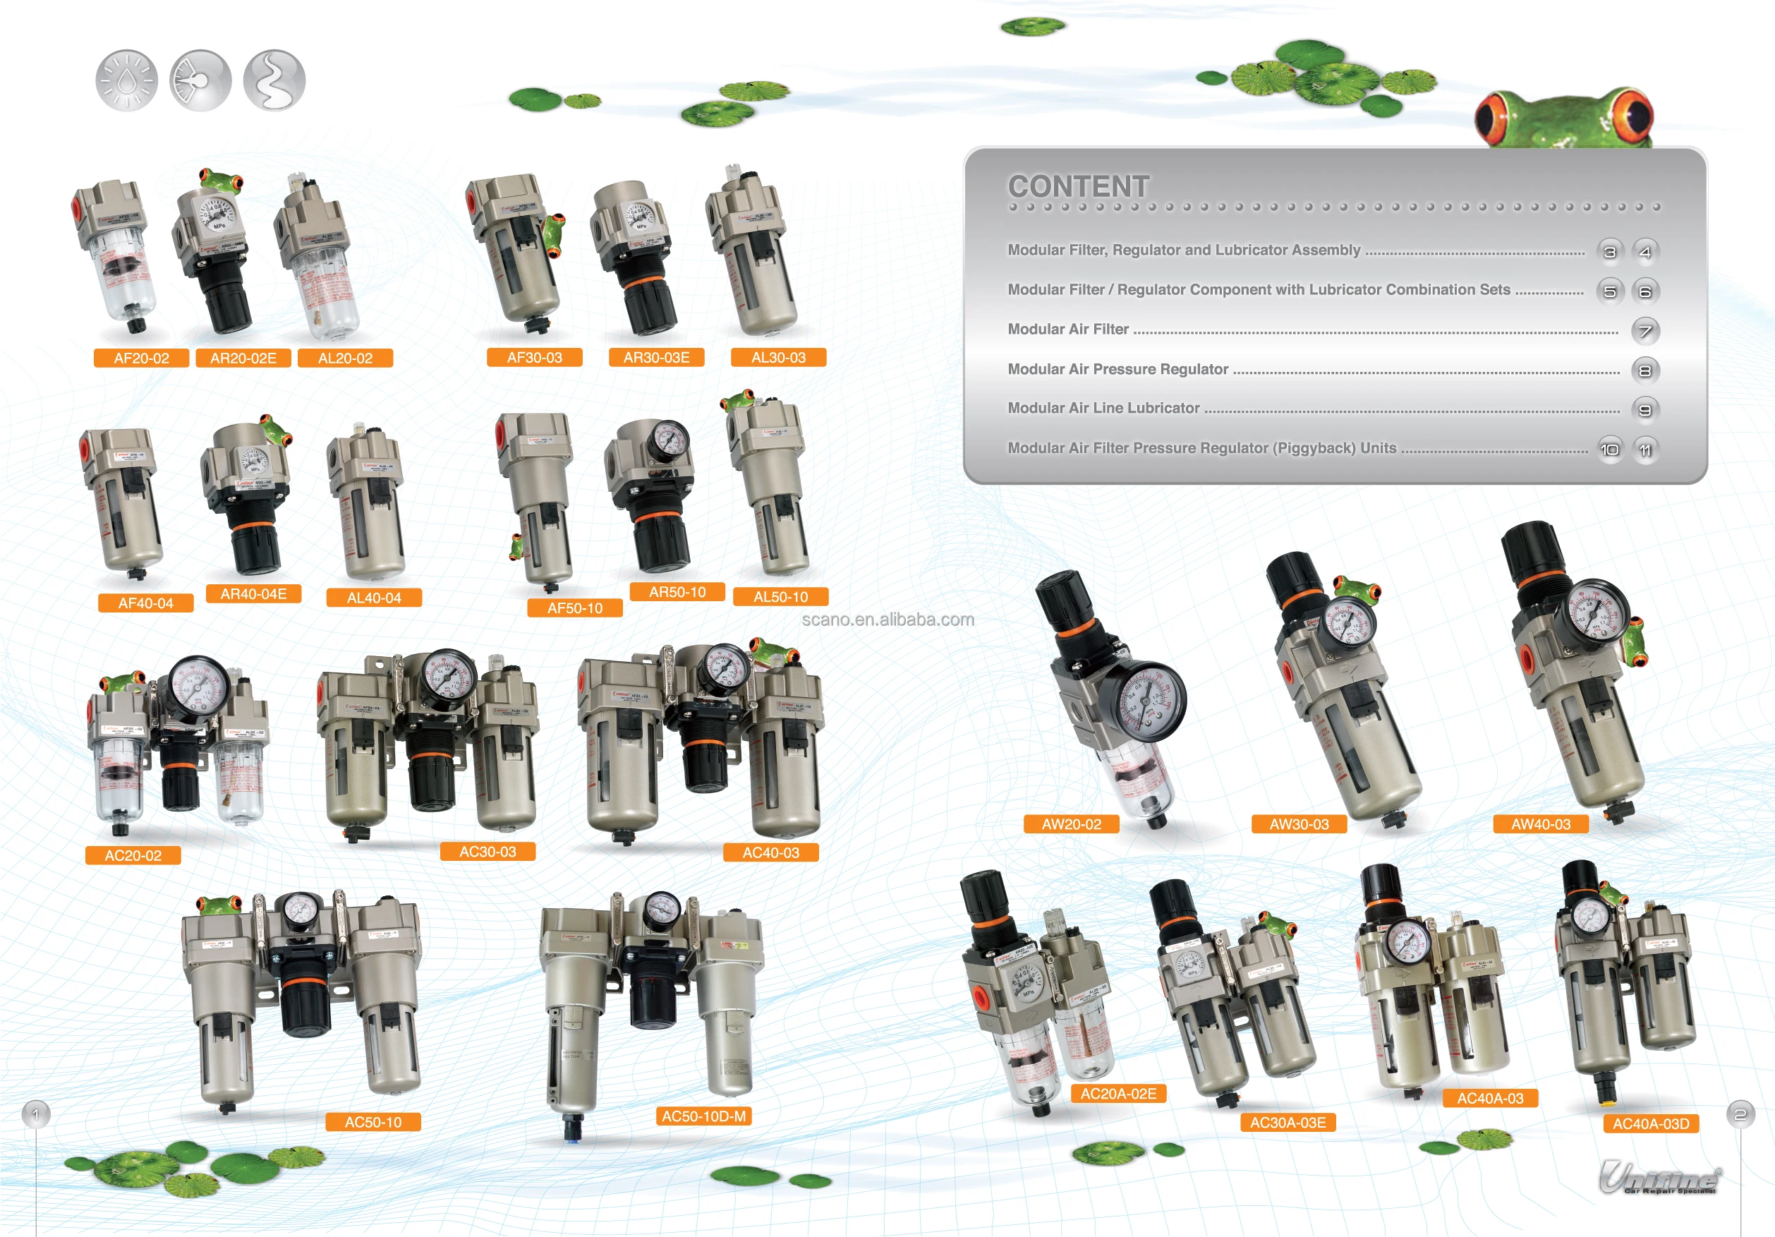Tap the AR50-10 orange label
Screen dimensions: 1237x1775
click(677, 592)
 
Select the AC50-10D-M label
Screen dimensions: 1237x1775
click(703, 1116)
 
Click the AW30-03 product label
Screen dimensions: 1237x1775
click(1299, 824)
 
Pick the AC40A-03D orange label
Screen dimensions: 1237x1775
click(1651, 1123)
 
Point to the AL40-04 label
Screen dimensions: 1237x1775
click(373, 598)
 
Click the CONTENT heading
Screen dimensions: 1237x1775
click(1079, 186)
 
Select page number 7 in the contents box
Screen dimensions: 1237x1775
click(1645, 331)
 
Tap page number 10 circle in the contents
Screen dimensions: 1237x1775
click(1609, 449)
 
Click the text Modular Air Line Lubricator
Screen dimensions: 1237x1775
click(1103, 408)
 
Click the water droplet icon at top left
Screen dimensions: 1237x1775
click(126, 80)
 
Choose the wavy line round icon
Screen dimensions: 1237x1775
click(274, 80)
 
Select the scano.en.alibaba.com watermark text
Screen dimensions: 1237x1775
click(887, 620)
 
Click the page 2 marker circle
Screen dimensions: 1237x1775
click(1740, 1114)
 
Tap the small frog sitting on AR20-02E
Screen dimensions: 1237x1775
click(220, 181)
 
